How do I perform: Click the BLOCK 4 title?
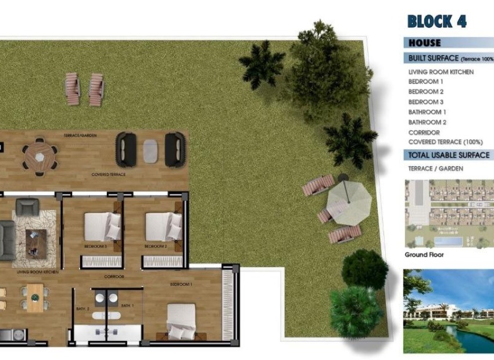click(x=436, y=21)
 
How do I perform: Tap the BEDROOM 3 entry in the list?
click(x=426, y=102)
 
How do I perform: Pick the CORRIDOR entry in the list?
click(x=424, y=132)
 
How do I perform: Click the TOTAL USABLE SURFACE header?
click(x=449, y=155)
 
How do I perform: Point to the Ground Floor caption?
click(x=425, y=255)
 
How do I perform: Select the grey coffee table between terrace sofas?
click(x=151, y=149)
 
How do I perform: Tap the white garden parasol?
click(x=348, y=203)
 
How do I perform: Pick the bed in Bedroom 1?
click(x=181, y=321)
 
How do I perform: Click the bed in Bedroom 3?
click(x=102, y=226)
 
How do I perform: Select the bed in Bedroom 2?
click(x=163, y=226)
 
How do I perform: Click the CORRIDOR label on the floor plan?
click(x=114, y=276)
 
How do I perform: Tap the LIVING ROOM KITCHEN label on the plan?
click(x=37, y=272)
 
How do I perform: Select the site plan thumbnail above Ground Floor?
click(x=449, y=214)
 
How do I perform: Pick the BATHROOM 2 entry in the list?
click(x=427, y=123)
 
